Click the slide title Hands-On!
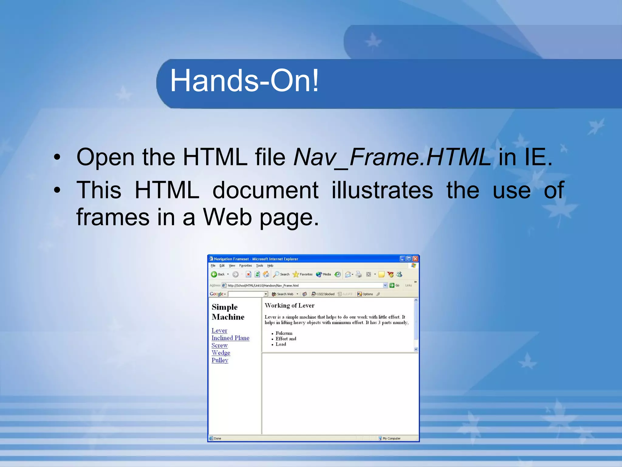(x=244, y=81)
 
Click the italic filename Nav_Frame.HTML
(x=392, y=157)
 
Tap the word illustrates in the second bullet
(x=382, y=190)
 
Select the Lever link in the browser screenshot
(x=219, y=330)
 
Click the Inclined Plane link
(x=230, y=338)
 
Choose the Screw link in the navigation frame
(x=219, y=345)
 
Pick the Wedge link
(x=221, y=353)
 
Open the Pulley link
(x=220, y=360)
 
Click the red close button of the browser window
(x=415, y=259)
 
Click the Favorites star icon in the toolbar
(x=296, y=274)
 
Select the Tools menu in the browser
(x=259, y=265)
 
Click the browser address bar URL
(x=263, y=285)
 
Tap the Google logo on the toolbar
(x=217, y=294)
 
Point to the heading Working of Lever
(x=289, y=306)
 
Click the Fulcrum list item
(x=284, y=333)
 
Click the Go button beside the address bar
(x=395, y=285)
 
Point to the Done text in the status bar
(x=217, y=438)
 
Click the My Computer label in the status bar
(x=391, y=438)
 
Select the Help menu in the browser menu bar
(x=270, y=265)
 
